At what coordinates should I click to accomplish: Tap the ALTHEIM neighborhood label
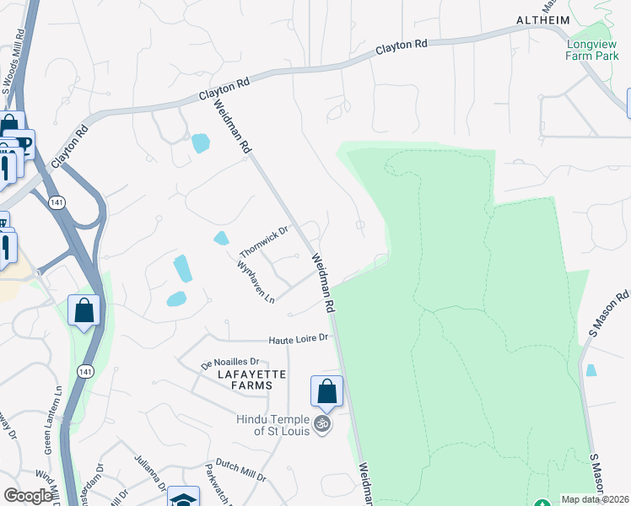(x=543, y=19)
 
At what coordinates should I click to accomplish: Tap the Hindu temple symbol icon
(x=321, y=423)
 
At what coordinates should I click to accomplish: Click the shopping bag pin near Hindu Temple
(x=326, y=391)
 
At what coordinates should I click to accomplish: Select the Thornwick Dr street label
(x=264, y=242)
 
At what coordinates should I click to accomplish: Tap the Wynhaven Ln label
(x=256, y=281)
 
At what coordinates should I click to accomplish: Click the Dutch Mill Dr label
(x=240, y=469)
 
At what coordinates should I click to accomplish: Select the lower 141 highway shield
(x=84, y=371)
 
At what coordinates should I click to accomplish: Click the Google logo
(x=28, y=496)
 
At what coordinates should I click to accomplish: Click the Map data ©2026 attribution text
(x=595, y=499)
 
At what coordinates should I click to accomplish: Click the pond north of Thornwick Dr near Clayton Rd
(x=200, y=143)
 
